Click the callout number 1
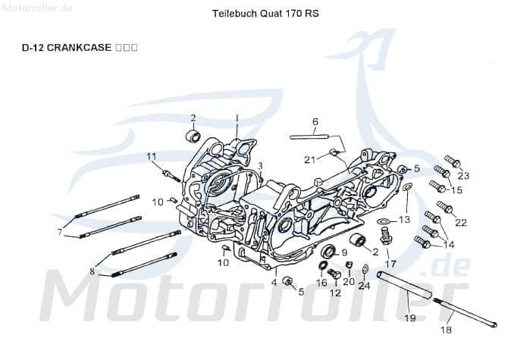pyautogui.click(x=237, y=117)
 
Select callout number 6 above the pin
pyautogui.click(x=315, y=121)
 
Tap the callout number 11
pyautogui.click(x=151, y=156)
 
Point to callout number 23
pyautogui.click(x=463, y=176)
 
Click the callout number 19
pyautogui.click(x=410, y=318)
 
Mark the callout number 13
pyautogui.click(x=404, y=219)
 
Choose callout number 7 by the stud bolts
pyautogui.click(x=60, y=232)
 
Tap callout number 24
pyautogui.click(x=365, y=286)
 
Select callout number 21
pyautogui.click(x=309, y=158)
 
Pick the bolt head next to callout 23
pyautogui.click(x=453, y=161)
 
